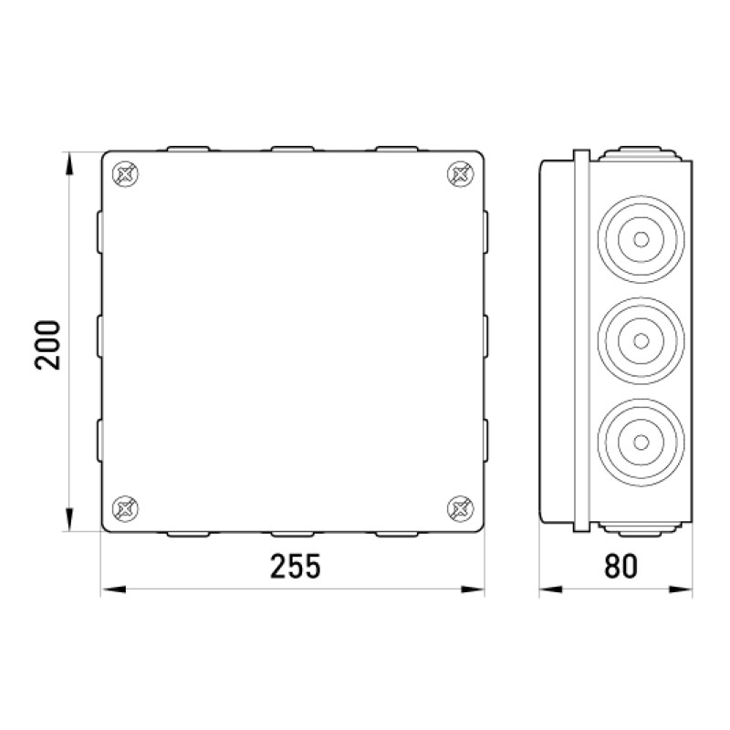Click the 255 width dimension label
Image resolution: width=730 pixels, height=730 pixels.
point(296,566)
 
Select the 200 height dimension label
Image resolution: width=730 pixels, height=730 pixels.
point(47,345)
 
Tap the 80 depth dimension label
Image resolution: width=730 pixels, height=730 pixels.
point(620,566)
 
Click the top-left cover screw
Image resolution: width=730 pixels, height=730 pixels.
point(126,174)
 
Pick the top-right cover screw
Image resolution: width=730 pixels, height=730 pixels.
point(461,174)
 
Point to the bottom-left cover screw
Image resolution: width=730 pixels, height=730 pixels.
point(126,508)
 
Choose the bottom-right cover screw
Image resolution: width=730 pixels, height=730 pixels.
point(461,508)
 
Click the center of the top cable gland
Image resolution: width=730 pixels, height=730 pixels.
point(641,239)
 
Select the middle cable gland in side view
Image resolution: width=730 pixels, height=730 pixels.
point(641,340)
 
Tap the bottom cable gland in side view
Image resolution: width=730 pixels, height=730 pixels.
point(641,443)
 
